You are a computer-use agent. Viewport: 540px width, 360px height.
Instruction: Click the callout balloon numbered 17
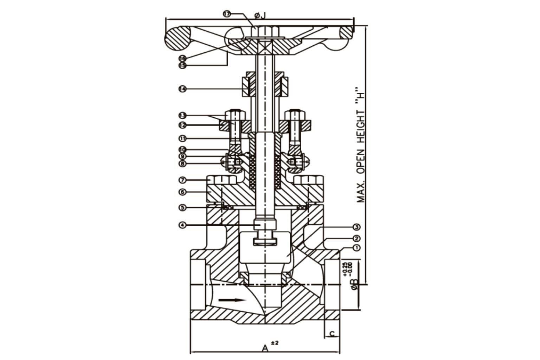click(226, 14)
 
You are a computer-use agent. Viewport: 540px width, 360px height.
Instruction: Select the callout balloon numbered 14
click(182, 89)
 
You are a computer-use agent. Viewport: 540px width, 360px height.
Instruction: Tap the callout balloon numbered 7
click(182, 180)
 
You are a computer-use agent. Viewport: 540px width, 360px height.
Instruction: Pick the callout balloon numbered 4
click(182, 225)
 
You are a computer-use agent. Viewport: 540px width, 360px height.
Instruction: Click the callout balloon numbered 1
click(356, 248)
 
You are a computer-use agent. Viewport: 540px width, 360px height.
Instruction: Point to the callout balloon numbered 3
click(356, 227)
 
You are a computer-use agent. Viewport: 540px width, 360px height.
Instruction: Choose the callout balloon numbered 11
click(182, 138)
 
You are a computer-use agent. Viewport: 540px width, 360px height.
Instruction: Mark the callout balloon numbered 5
click(182, 207)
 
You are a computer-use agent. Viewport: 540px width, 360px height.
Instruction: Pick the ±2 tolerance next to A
click(275, 343)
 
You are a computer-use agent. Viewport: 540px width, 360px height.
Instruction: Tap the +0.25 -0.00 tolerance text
click(347, 268)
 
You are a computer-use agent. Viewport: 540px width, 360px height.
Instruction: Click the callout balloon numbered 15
click(182, 65)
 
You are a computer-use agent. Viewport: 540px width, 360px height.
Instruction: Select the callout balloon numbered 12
click(182, 125)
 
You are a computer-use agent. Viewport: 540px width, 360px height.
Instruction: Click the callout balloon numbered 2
click(356, 238)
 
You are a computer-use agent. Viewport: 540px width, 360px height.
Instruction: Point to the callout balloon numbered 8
click(182, 163)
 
